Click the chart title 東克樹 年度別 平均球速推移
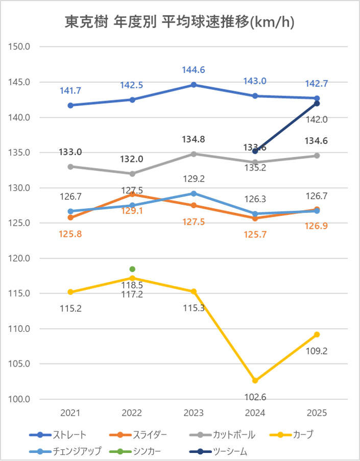[x=180, y=22]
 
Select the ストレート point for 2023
[x=194, y=85]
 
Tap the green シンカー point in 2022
[x=132, y=269]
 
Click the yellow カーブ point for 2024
[x=255, y=380]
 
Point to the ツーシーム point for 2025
[x=317, y=104]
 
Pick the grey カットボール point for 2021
[x=70, y=166]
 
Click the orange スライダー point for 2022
[x=132, y=194]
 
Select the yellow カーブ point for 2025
[x=317, y=334]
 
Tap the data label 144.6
[x=194, y=70]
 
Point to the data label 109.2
[x=317, y=351]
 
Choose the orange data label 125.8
[x=70, y=234]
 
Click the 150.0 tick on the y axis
[x=21, y=47]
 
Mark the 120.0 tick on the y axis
[x=21, y=258]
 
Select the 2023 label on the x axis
[x=194, y=413]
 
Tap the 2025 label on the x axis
[x=317, y=413]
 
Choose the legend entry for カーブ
[x=303, y=435]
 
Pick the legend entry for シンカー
[x=138, y=451]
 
